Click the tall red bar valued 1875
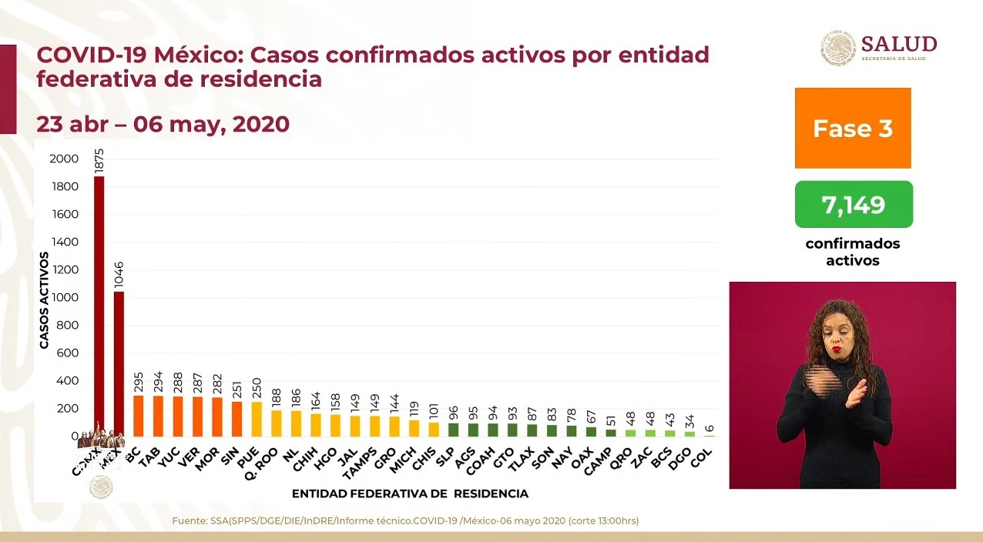pyautogui.click(x=99, y=308)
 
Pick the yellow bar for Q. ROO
pyautogui.click(x=277, y=423)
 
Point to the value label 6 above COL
pyautogui.click(x=710, y=428)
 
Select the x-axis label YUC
pyautogui.click(x=170, y=456)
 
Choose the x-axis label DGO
pyautogui.click(x=682, y=457)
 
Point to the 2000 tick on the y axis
pyautogui.click(x=64, y=159)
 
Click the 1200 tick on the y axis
pyautogui.click(x=64, y=269)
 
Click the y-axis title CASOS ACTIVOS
pyautogui.click(x=44, y=300)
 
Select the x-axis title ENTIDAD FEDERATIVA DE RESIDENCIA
pyautogui.click(x=410, y=493)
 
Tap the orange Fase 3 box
pyautogui.click(x=853, y=128)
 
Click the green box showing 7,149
pyautogui.click(x=854, y=205)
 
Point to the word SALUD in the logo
pyautogui.click(x=899, y=43)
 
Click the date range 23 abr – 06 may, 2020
pyautogui.click(x=163, y=124)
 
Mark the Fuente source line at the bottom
pyautogui.click(x=405, y=521)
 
